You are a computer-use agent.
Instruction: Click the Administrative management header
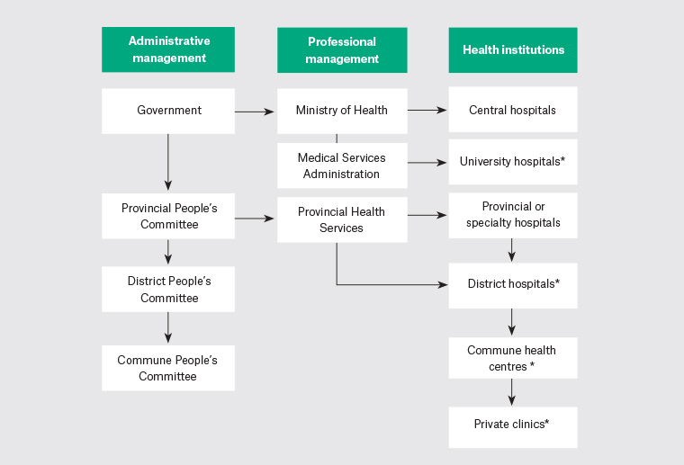(168, 49)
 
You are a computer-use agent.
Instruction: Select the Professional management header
(342, 50)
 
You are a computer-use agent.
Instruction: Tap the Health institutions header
(513, 49)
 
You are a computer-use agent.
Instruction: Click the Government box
(168, 111)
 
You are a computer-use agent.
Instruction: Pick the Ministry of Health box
(342, 111)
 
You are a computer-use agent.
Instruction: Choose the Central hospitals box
(513, 111)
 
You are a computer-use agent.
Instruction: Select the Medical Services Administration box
(342, 166)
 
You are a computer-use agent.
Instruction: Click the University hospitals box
(513, 162)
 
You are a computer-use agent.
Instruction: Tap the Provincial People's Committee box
(168, 216)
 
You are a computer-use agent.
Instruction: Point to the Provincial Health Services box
(342, 219)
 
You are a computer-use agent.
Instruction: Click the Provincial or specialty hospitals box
(513, 215)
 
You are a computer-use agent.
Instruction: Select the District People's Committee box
(168, 289)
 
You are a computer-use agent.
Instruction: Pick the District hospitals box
(513, 284)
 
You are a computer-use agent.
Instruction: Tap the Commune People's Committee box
(168, 368)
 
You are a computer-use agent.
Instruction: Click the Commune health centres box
(513, 358)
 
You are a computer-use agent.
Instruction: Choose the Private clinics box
(513, 425)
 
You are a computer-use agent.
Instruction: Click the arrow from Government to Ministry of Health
(255, 112)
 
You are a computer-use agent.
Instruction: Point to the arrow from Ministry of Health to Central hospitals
(427, 111)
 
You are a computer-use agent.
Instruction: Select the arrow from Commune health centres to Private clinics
(512, 391)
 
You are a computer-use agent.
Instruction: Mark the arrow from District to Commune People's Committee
(168, 327)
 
